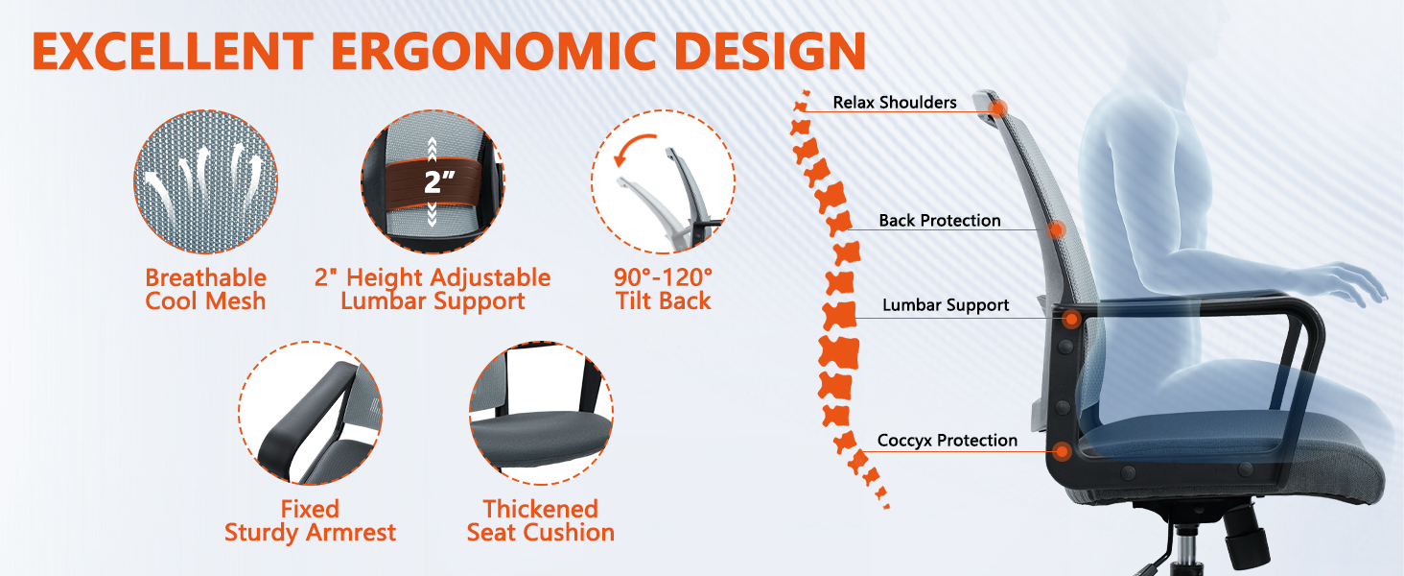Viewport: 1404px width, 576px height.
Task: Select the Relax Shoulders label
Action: point(895,103)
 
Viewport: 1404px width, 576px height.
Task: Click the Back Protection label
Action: point(940,221)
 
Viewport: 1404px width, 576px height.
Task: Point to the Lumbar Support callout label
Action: point(946,305)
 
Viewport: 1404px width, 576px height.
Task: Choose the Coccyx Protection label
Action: point(948,441)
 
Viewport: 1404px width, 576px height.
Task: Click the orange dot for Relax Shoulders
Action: point(998,108)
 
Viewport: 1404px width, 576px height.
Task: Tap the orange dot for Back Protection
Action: point(1058,229)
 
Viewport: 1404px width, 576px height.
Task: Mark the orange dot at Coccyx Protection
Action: point(1062,451)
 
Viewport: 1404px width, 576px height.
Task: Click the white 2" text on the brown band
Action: point(439,182)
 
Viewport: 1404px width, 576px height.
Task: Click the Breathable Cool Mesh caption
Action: point(205,289)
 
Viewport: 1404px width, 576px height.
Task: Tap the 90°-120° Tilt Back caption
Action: point(663,289)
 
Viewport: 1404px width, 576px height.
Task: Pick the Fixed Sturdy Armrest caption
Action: point(311,520)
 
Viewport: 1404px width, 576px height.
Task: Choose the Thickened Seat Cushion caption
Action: point(540,520)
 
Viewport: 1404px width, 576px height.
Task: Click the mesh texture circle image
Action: point(205,182)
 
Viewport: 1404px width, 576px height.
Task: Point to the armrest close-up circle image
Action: point(311,414)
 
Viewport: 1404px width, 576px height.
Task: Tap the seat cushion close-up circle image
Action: point(541,414)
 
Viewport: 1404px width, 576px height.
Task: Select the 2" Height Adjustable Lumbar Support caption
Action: point(433,289)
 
